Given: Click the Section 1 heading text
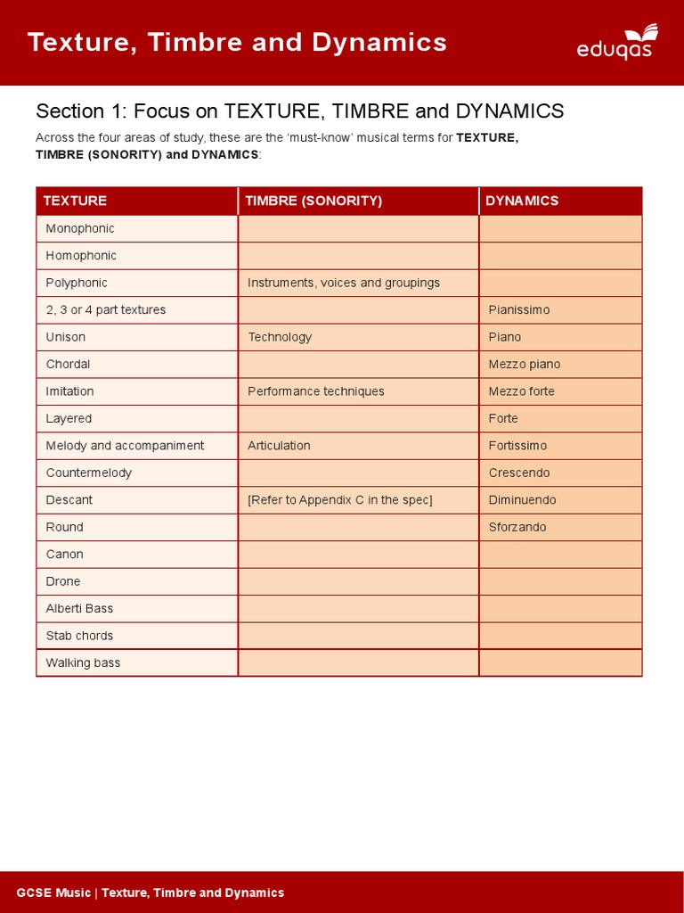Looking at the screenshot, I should (299, 111).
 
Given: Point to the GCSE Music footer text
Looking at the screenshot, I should (151, 892).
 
